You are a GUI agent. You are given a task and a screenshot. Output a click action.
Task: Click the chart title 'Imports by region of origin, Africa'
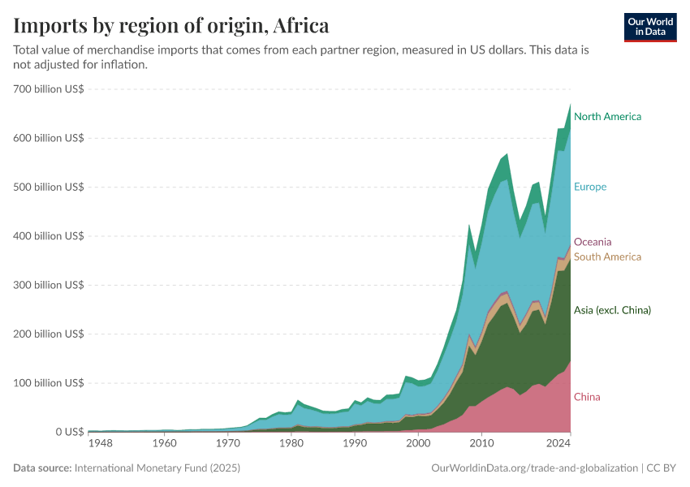(x=171, y=26)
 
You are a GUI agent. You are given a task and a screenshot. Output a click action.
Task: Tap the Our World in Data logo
(x=649, y=27)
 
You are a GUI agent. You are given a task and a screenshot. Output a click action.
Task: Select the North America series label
(x=607, y=117)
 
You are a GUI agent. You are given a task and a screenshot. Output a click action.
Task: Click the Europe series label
(x=590, y=187)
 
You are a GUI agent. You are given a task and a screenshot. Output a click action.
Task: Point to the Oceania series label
(x=593, y=242)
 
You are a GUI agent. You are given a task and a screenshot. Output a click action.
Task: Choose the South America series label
(x=607, y=257)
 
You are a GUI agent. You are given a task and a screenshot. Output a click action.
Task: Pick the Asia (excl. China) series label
(x=612, y=310)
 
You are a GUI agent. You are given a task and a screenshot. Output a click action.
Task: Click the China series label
(x=587, y=397)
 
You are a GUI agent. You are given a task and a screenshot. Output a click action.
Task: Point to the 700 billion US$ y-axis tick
(x=49, y=89)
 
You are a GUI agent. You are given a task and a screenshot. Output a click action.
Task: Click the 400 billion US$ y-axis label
(x=49, y=236)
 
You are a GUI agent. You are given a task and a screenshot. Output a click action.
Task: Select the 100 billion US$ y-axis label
(x=49, y=382)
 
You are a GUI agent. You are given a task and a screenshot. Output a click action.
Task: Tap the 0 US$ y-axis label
(x=64, y=432)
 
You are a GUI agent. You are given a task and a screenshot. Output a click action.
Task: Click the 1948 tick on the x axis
(x=101, y=444)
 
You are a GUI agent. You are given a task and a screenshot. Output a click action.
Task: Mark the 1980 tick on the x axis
(x=291, y=444)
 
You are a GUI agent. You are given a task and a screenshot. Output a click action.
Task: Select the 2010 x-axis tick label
(x=481, y=444)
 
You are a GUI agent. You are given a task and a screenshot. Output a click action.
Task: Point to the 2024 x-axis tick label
(x=558, y=444)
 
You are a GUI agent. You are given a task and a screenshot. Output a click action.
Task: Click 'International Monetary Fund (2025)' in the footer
(x=157, y=468)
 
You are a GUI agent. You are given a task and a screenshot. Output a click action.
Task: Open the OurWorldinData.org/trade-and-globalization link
(x=532, y=468)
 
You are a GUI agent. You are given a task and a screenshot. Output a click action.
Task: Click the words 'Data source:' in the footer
(x=41, y=468)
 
